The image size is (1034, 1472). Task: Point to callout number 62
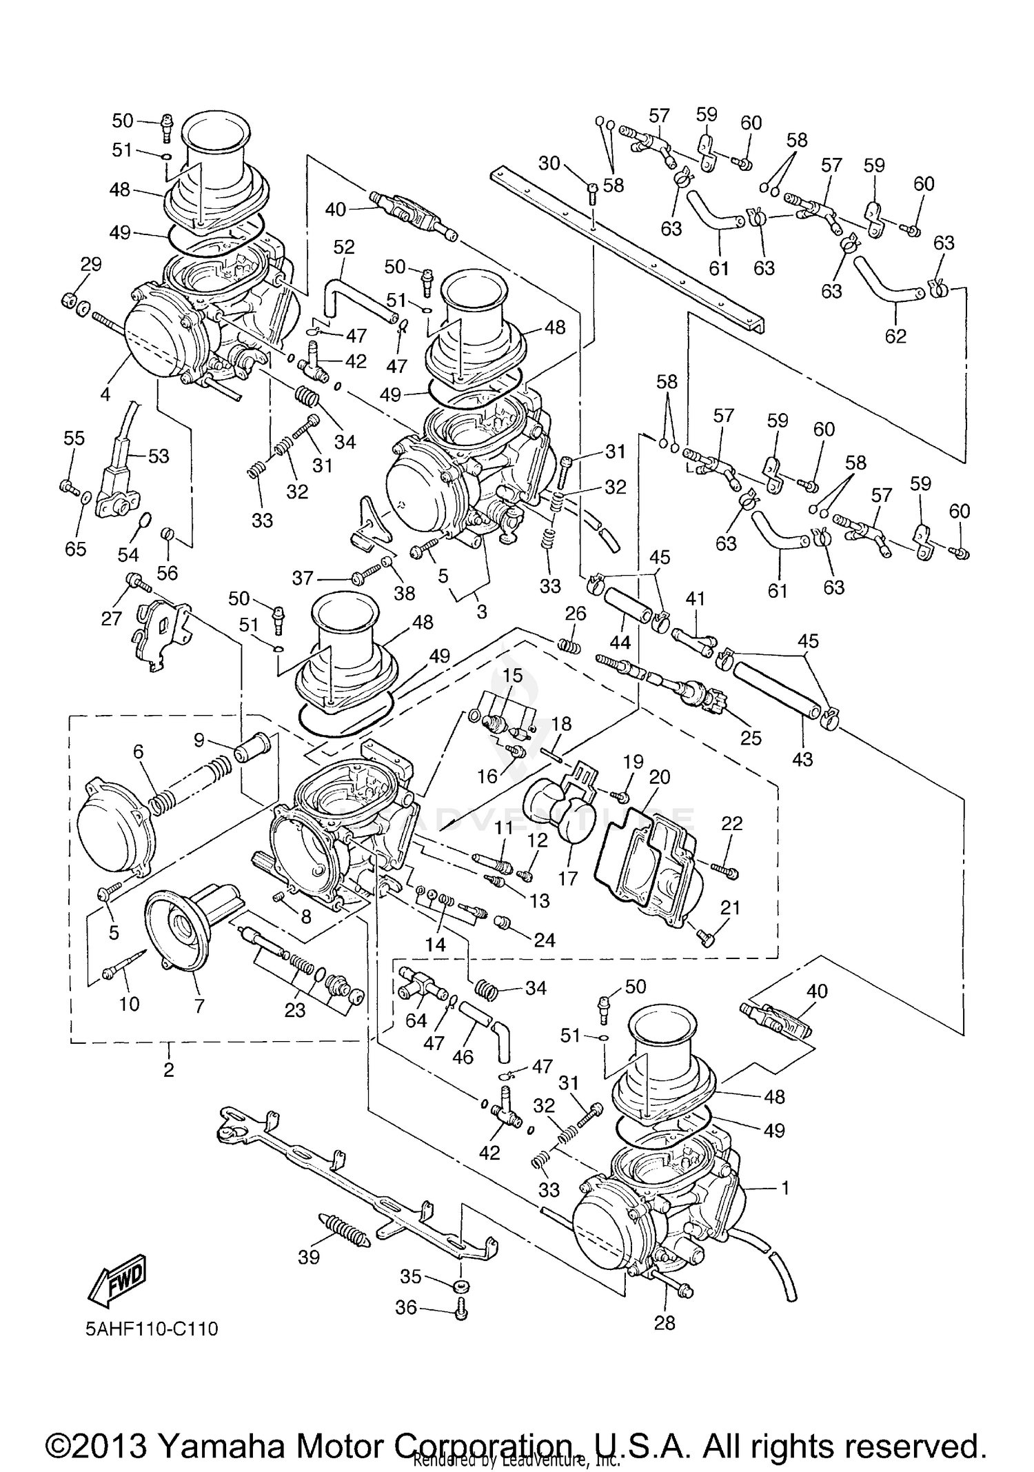pos(895,336)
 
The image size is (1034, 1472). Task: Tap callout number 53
pos(159,456)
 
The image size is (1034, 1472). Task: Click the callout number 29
pos(91,264)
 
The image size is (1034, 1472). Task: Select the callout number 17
pos(568,878)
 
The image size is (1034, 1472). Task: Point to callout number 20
pos(660,777)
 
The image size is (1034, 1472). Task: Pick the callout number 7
pos(199,1006)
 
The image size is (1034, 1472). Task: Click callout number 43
pos(802,760)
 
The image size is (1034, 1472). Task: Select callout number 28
pos(665,1322)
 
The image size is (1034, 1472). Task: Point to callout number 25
pos(751,737)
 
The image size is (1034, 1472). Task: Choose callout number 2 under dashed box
pos(169,1069)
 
